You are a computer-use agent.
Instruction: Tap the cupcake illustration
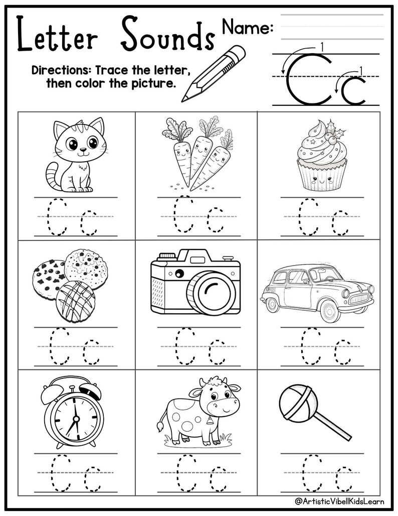tap(319, 161)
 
